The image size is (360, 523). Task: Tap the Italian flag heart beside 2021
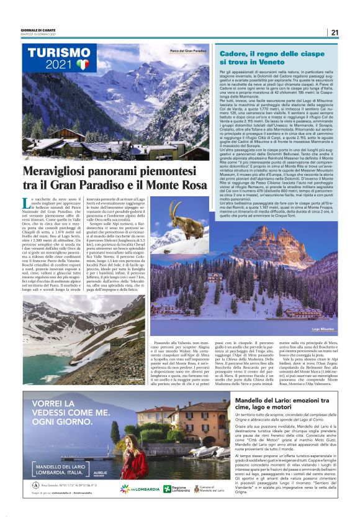pos(83,64)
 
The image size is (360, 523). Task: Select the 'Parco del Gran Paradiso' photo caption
pos(187,51)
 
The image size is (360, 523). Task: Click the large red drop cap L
pos(25,201)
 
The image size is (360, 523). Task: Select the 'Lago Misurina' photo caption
pos(323,328)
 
